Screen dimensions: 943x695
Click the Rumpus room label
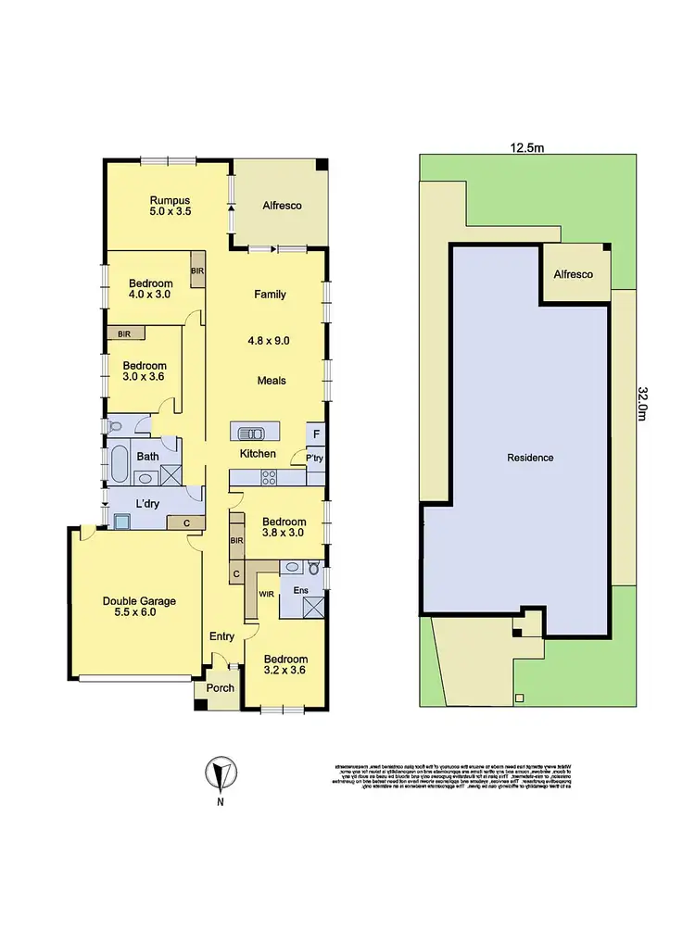(x=170, y=200)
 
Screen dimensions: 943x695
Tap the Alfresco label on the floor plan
(x=282, y=206)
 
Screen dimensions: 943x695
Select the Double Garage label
(x=139, y=600)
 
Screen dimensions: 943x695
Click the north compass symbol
(x=220, y=773)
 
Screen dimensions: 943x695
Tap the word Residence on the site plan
(x=530, y=458)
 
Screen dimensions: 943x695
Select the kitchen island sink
(x=252, y=433)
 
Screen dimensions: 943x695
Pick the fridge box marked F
(x=316, y=434)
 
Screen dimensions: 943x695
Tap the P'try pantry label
(x=301, y=458)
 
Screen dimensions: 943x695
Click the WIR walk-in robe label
(x=266, y=592)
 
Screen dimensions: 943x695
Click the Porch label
(x=221, y=688)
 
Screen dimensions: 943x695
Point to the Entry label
(x=222, y=635)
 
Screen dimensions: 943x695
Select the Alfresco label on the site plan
(x=574, y=275)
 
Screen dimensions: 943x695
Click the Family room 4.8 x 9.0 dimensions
(x=270, y=340)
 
